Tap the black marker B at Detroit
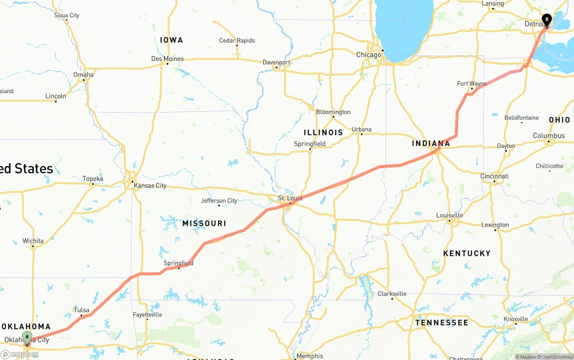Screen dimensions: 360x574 point(547,19)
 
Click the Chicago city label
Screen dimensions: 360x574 point(369,55)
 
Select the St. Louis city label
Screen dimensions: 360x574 point(290,198)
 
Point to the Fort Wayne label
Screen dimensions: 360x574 point(472,84)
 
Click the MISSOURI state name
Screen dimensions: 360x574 point(204,223)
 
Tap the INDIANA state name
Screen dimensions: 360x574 point(431,143)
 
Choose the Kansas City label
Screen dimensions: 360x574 point(150,186)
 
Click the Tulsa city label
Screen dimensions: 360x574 point(82,310)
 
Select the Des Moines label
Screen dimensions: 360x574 point(167,59)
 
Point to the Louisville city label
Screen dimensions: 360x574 point(449,215)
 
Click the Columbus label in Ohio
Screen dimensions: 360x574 point(548,135)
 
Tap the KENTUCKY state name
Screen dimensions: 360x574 point(467,253)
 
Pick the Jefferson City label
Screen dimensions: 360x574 point(219,200)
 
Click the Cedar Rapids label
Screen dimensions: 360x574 point(237,40)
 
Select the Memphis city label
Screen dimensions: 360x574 point(309,356)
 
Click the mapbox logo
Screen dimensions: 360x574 point(19,354)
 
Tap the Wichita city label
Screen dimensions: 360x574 point(33,241)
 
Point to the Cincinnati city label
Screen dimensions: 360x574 point(494,176)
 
